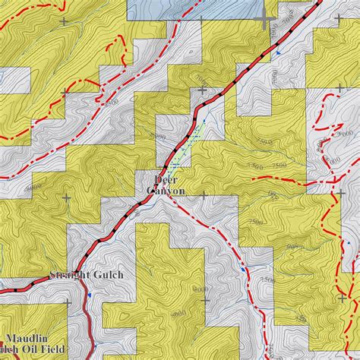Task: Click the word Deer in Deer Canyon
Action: coord(166,179)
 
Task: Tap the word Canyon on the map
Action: coord(166,191)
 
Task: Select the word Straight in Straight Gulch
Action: coord(71,275)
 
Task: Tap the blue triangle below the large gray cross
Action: coord(277,52)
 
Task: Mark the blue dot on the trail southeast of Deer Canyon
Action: coord(242,267)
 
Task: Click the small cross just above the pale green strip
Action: coord(203,90)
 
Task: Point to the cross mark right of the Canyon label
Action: coord(204,195)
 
